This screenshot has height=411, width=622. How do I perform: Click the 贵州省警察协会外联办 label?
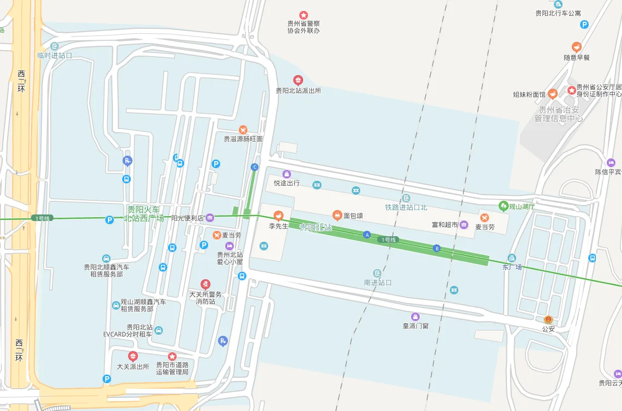pos(304,27)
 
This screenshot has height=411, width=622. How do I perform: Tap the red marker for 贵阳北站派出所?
pos(298,81)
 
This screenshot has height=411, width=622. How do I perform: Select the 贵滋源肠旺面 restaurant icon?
pos(243,130)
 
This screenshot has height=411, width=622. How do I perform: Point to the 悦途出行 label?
pos(287,183)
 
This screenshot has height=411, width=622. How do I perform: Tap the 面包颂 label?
pos(353,216)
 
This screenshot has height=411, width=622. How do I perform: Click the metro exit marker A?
pos(367,235)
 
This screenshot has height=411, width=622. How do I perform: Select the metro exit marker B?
pos(436,248)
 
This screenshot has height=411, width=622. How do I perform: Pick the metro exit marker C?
pos(254,167)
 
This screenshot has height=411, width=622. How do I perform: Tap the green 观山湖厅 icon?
pos(503,206)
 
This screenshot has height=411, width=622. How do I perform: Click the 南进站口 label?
pos(378,283)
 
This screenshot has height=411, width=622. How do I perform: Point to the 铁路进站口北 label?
pos(406,207)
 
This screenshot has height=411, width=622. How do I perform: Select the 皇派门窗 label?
pos(415,326)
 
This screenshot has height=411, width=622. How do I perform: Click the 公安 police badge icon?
pos(548,320)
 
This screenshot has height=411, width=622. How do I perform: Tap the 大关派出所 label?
pos(133,366)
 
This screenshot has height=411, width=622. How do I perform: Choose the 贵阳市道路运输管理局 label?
pos(172,369)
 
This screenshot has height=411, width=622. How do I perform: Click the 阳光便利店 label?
pos(187,218)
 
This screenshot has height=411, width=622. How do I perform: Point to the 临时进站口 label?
pos(55,56)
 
